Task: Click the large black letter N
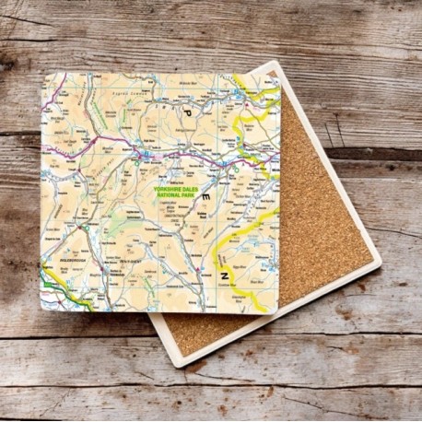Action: point(225,274)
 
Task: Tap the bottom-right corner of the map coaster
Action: point(275,311)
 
